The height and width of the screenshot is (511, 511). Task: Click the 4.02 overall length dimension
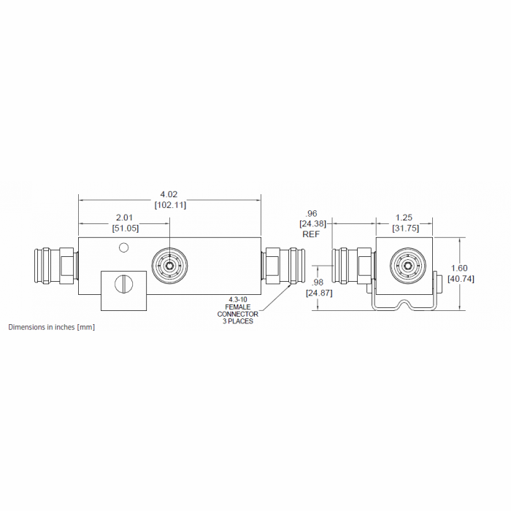[x=169, y=195]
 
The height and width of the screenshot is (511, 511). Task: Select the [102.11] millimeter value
[x=169, y=205]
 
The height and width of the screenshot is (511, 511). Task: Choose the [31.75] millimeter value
[x=406, y=228]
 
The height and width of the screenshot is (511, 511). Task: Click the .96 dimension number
[x=312, y=214]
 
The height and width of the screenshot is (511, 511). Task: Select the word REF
[x=312, y=235]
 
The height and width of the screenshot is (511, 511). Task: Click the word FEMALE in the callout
[x=238, y=307]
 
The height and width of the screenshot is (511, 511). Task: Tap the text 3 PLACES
[x=238, y=321]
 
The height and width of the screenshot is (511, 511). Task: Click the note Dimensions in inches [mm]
[x=51, y=327]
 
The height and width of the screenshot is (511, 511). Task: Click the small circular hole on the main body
[x=124, y=247]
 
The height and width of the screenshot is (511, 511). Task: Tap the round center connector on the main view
[x=169, y=266]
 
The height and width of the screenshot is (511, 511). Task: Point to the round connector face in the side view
[x=405, y=267]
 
